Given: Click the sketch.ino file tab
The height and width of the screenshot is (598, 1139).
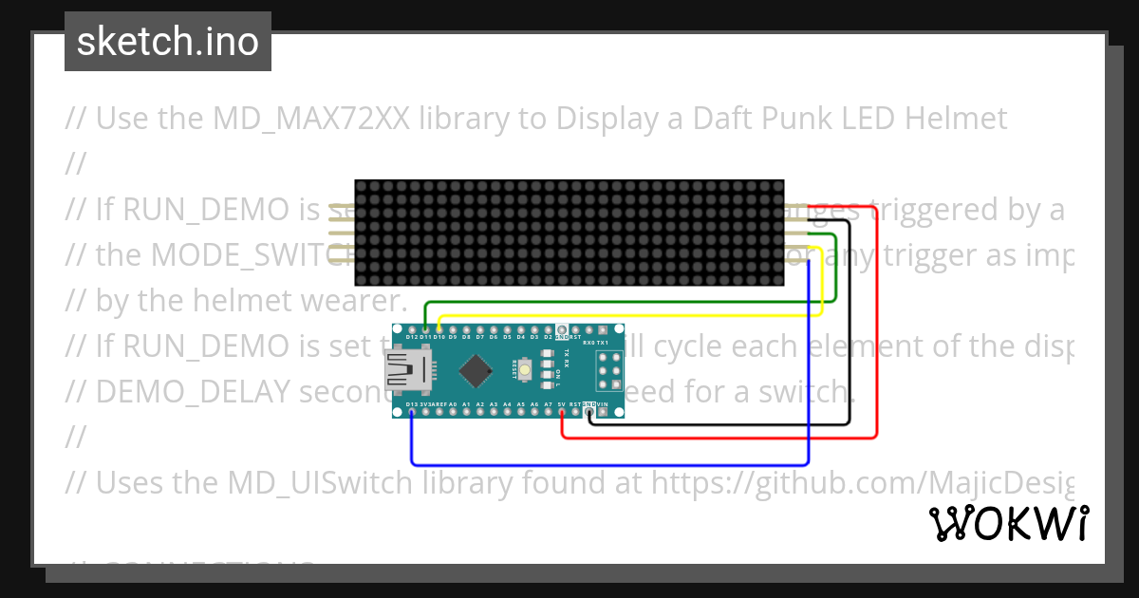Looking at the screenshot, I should click(168, 42).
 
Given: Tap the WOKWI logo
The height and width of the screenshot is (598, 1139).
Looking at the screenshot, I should click(1008, 523).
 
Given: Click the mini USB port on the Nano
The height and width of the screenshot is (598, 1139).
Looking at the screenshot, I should click(406, 369).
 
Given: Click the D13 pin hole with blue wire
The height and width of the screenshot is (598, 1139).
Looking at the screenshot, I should click(411, 412).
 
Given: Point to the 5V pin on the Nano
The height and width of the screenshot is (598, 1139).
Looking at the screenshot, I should click(562, 412).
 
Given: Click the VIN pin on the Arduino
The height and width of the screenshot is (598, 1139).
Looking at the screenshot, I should click(603, 412).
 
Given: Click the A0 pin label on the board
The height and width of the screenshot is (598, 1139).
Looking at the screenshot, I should click(453, 404).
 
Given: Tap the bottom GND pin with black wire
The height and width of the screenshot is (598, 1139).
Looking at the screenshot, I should click(589, 412).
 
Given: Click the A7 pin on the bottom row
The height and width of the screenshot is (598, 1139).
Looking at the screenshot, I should click(548, 412).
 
